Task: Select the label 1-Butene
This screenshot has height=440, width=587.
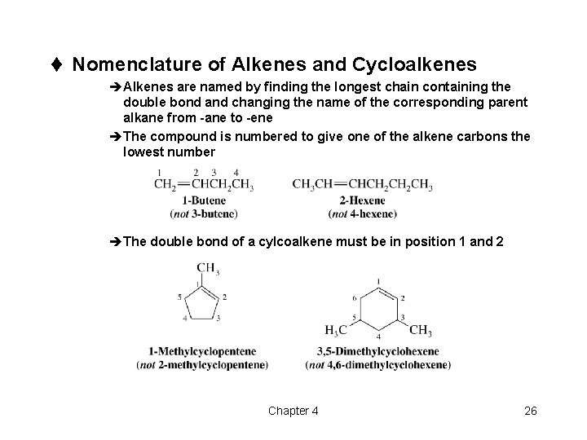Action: point(204,200)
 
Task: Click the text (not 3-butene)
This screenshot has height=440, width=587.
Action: point(204,213)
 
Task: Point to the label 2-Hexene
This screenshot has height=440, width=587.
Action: point(363,200)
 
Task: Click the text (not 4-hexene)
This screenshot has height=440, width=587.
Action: point(363,213)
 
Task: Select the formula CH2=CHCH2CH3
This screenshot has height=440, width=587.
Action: point(204,186)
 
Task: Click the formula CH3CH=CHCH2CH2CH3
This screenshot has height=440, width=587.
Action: point(363,186)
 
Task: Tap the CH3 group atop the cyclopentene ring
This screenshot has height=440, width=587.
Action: point(207,267)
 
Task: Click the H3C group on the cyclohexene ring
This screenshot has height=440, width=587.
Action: point(336,330)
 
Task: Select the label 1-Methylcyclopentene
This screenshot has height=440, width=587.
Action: point(202,352)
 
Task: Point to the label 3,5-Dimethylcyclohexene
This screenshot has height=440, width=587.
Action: point(377,352)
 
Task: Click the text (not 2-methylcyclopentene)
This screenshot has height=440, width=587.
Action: point(202,364)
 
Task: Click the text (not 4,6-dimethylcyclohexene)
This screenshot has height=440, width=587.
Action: point(377,364)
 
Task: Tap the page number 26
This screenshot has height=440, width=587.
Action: point(530,411)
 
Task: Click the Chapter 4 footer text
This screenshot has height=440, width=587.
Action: point(293,411)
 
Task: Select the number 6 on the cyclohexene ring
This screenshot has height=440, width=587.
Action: point(354,297)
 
